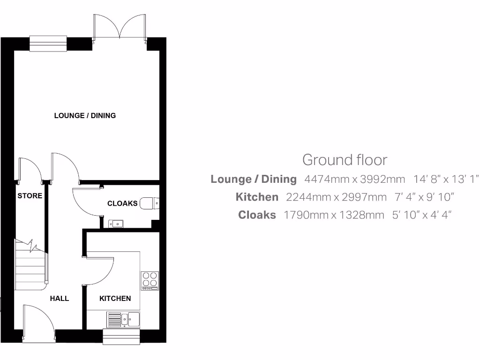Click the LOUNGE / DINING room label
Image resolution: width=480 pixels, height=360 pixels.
pos(85,115)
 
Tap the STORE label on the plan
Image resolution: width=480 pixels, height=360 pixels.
pos(30,196)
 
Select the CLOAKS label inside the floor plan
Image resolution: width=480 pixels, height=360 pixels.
pos(122,203)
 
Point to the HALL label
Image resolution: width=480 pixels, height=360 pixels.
pos(60,298)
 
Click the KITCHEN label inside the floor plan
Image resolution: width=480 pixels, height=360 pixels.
pos(115,298)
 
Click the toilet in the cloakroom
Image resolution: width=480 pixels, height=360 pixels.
pos(150,203)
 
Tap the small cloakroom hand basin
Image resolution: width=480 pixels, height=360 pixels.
pos(115,224)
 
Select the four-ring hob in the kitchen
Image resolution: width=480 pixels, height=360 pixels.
pos(150,280)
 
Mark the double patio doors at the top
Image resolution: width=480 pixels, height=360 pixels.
pos(120,27)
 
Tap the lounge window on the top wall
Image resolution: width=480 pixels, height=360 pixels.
pos(48,44)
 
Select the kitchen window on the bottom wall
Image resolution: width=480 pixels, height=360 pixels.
pos(121,336)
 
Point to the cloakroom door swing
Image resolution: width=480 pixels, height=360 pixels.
pos(85,202)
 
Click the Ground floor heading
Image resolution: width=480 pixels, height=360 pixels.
pos(345,160)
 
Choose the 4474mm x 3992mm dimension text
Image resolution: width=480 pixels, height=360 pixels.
pos(354,179)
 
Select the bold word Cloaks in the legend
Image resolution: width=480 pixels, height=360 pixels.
pos(257,215)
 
